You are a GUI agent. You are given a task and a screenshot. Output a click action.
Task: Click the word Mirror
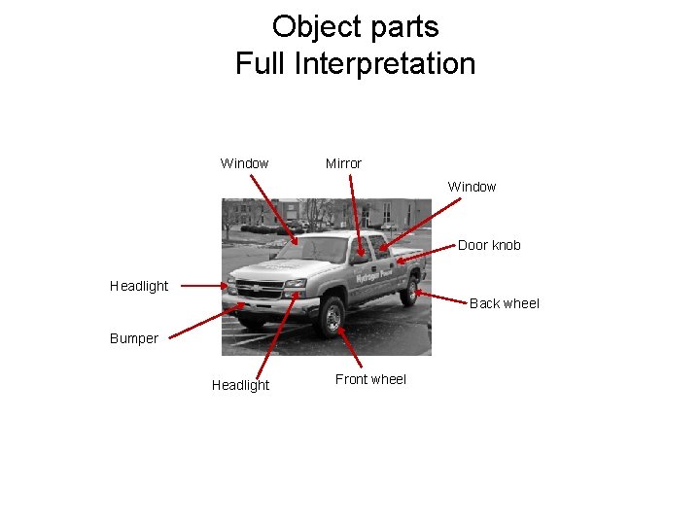pyautogui.click(x=343, y=163)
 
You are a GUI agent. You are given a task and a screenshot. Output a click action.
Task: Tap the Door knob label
pyautogui.click(x=489, y=245)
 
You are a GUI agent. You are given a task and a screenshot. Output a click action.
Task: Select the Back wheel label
pyautogui.click(x=504, y=303)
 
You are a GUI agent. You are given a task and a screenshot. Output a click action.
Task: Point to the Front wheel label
pyautogui.click(x=370, y=379)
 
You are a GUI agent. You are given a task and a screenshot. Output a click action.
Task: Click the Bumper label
pyautogui.click(x=133, y=338)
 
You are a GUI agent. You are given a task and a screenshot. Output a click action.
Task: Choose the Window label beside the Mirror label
pyautogui.click(x=244, y=163)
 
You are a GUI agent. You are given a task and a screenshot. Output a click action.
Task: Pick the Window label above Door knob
pyautogui.click(x=472, y=187)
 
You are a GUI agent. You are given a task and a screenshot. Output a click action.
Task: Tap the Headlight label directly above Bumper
pyautogui.click(x=139, y=286)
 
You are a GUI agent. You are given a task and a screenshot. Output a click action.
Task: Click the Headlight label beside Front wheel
pyautogui.click(x=240, y=385)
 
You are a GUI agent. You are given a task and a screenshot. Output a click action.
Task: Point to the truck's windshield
pyautogui.click(x=312, y=250)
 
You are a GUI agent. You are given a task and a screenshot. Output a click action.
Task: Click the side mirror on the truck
pyautogui.click(x=360, y=259)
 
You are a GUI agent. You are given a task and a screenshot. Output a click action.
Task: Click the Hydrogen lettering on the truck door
pyautogui.click(x=369, y=277)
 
